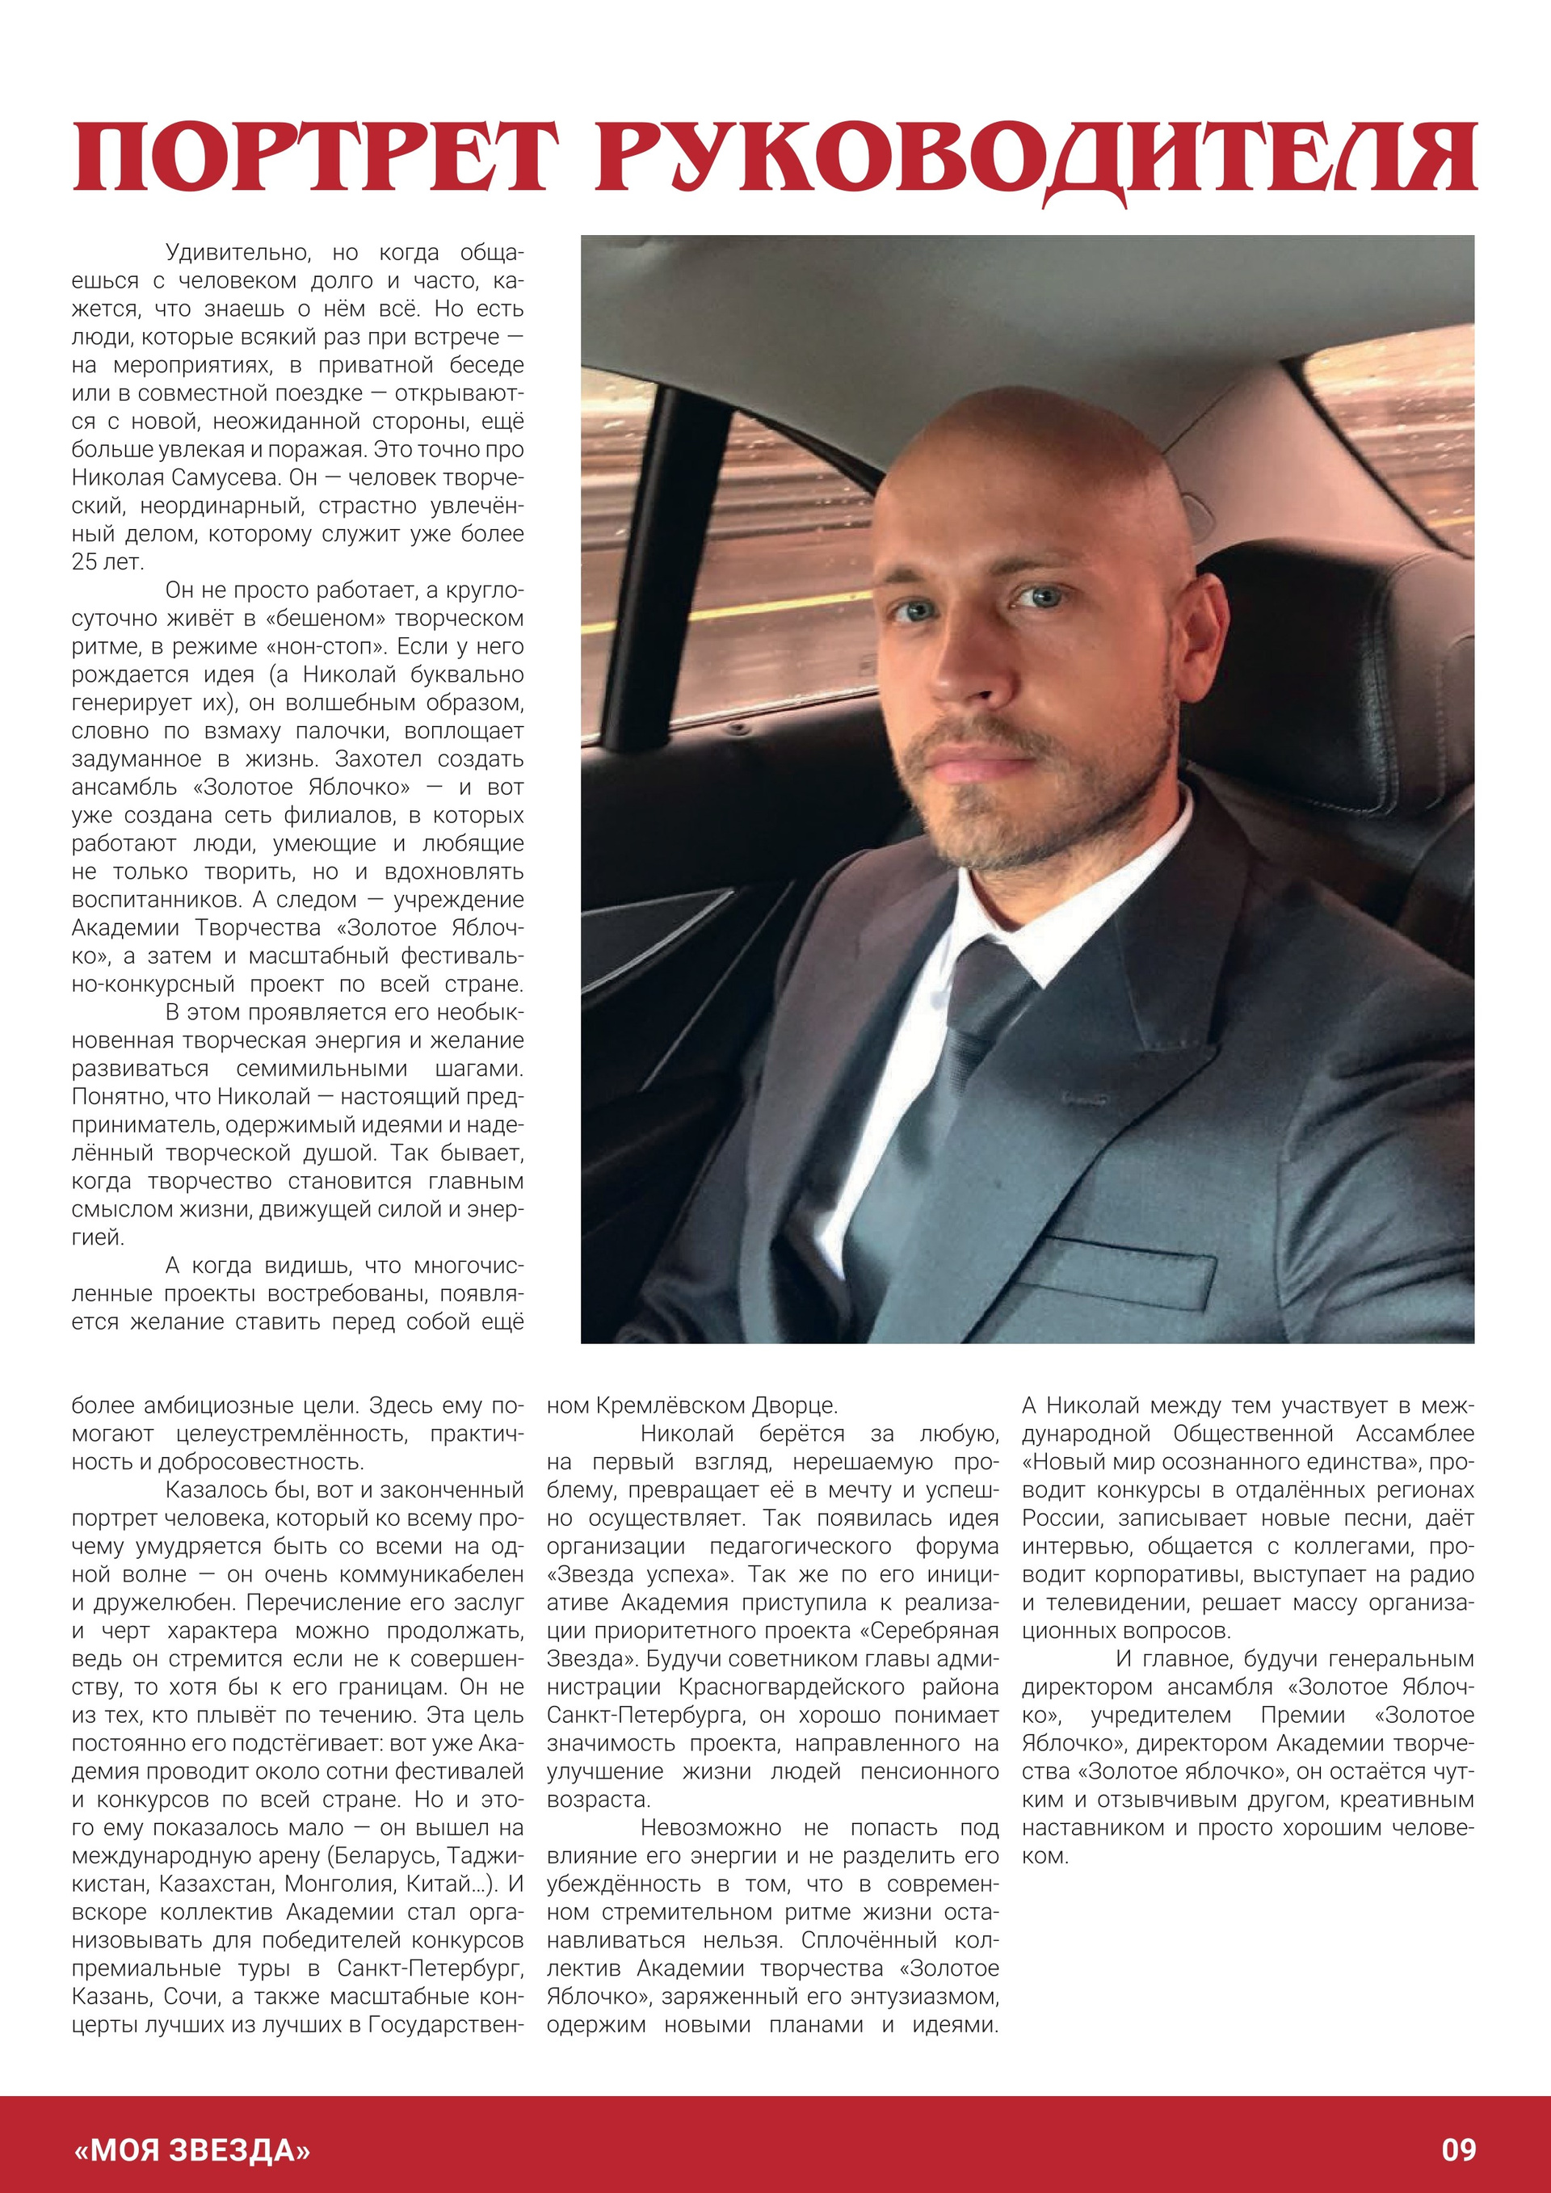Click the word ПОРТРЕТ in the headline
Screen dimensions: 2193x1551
point(314,156)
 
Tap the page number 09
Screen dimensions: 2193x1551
point(1458,2150)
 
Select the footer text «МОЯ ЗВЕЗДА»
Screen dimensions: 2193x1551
point(192,2150)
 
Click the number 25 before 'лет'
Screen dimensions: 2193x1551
point(84,561)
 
